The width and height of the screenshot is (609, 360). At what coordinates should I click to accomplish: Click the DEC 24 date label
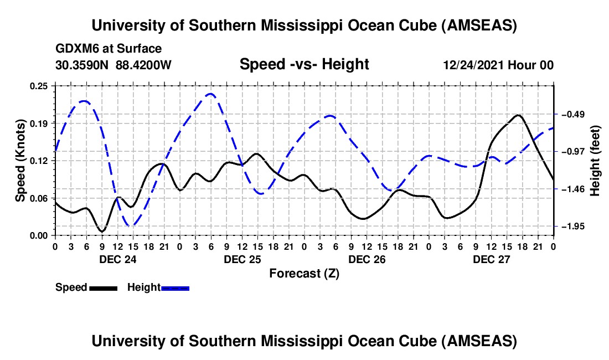click(117, 259)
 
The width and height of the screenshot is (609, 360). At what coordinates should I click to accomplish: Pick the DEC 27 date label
click(491, 259)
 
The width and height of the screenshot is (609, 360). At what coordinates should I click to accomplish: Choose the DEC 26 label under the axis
click(367, 259)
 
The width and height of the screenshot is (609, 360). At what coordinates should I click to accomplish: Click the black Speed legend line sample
click(103, 287)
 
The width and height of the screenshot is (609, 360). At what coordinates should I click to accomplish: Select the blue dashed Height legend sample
click(175, 287)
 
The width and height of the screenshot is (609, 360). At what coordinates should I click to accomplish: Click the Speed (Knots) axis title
click(20, 161)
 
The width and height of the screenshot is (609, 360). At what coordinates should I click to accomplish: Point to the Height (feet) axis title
click(596, 161)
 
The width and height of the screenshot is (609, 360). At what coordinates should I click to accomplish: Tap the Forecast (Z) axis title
click(304, 273)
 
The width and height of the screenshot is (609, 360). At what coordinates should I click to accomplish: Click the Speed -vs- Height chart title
click(304, 64)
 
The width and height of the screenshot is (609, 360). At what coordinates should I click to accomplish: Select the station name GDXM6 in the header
click(75, 48)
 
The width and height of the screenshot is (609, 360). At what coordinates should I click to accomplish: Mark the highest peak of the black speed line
click(518, 115)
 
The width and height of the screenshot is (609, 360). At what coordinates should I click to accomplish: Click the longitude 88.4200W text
click(144, 65)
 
